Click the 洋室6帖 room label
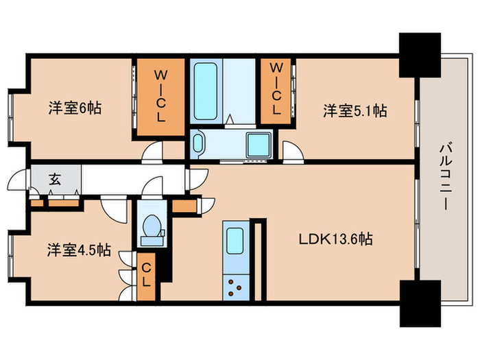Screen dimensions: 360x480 pos(75,108)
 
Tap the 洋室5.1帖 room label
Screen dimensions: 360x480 pos(355,110)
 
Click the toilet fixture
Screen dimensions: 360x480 pos(151,226)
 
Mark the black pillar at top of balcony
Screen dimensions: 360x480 pos(420,54)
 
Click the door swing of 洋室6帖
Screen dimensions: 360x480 pos(154,152)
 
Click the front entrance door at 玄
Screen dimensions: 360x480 pos(16,182)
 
